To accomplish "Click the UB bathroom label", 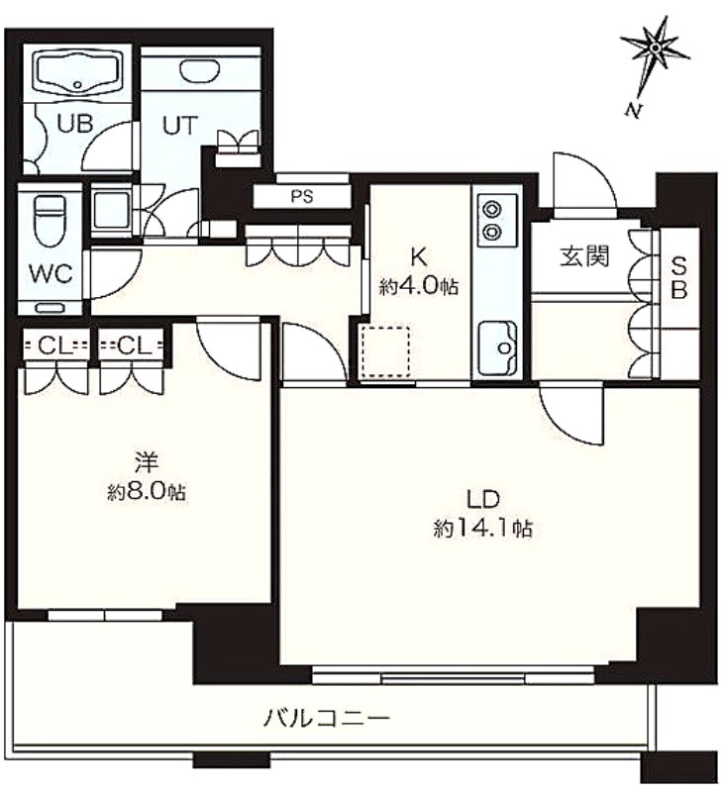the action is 75,124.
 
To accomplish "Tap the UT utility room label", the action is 180,126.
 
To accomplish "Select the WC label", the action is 51,273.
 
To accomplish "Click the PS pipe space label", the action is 302,196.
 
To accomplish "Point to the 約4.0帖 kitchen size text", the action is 419,287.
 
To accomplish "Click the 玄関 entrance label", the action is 584,256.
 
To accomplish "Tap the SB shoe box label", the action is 679,277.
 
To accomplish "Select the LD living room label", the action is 482,500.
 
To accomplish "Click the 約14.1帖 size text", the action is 482,530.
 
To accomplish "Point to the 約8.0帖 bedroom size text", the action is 147,492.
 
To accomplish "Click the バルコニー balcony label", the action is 327,718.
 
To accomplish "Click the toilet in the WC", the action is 49,220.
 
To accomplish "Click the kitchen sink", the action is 498,348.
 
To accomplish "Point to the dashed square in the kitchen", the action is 385,352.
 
